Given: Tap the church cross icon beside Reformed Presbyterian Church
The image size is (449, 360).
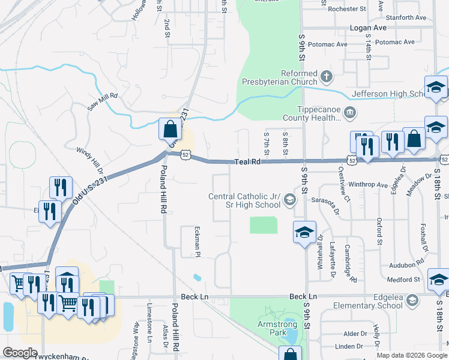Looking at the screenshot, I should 326,76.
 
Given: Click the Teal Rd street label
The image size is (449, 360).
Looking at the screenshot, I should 249,161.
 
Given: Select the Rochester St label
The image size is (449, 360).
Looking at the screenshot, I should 347,9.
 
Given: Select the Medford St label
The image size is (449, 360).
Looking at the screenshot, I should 403,280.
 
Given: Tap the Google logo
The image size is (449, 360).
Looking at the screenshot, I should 19,353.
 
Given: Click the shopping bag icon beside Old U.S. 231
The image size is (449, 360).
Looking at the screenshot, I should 170,128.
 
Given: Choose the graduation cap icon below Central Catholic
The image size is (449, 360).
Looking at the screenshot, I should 304,232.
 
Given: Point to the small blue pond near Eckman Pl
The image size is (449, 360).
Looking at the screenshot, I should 197,277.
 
